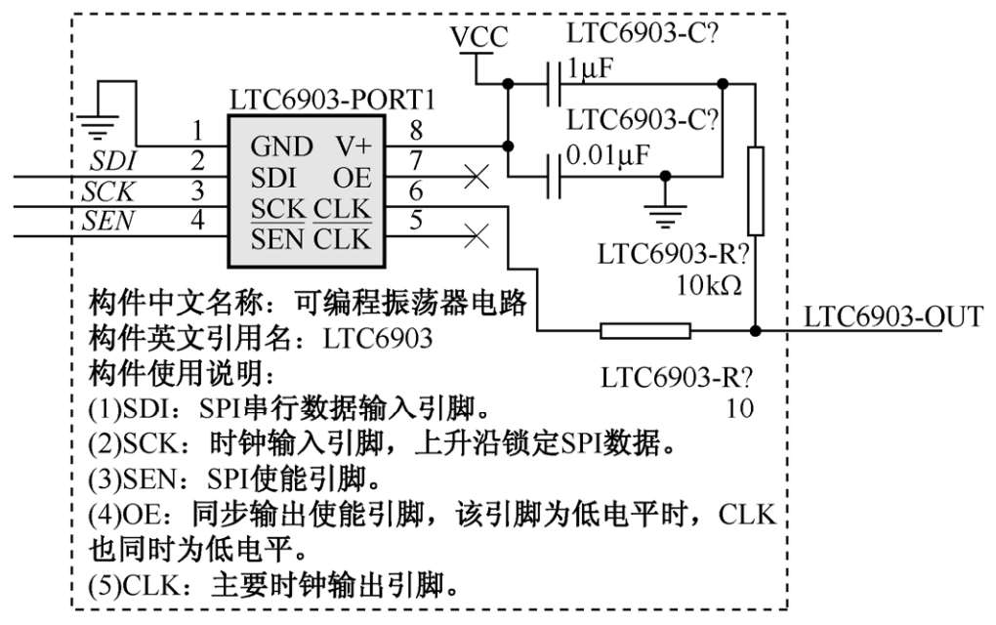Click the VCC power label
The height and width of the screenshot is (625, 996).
coord(478,38)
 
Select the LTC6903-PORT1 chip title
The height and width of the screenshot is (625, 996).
coord(332,101)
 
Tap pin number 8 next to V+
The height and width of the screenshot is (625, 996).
coord(416,130)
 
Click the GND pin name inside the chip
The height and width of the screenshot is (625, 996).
coord(282,146)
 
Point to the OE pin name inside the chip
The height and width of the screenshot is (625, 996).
coord(352,178)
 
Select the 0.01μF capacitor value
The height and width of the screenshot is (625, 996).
coord(607,156)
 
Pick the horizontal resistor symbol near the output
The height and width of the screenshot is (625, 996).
coord(645,331)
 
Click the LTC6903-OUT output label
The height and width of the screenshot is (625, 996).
coord(892,315)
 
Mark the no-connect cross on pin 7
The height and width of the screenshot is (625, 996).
coord(476,177)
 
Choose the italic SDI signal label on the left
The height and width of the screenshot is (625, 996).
coord(113,160)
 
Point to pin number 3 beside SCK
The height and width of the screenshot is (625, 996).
coord(198,190)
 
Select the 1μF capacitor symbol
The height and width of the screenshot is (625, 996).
coord(553,85)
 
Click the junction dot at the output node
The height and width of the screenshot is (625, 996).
coord(755,331)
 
